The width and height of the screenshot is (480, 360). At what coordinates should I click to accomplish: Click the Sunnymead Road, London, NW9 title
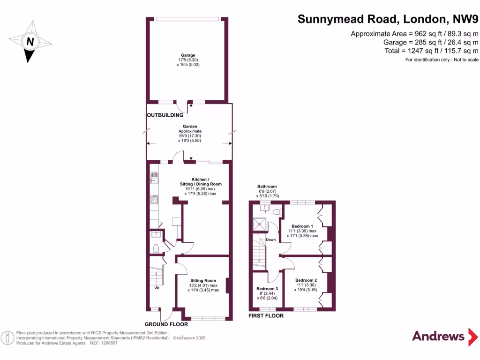388,20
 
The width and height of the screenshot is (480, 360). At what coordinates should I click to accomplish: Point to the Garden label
190,126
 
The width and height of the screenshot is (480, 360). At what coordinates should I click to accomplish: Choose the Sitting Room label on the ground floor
203,280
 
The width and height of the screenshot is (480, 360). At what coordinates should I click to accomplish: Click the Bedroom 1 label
302,226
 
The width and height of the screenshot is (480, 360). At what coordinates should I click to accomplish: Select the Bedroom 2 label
306,280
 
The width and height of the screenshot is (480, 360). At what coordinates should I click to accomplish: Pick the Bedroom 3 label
267,288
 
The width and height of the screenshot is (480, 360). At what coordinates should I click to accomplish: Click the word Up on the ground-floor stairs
157,287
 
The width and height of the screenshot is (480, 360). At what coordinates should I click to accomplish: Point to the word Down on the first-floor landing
271,240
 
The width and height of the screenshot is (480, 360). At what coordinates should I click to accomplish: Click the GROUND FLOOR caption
166,324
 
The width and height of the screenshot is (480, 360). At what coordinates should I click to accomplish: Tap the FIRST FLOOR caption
266,316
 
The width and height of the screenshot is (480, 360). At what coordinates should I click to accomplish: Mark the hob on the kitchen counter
153,199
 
